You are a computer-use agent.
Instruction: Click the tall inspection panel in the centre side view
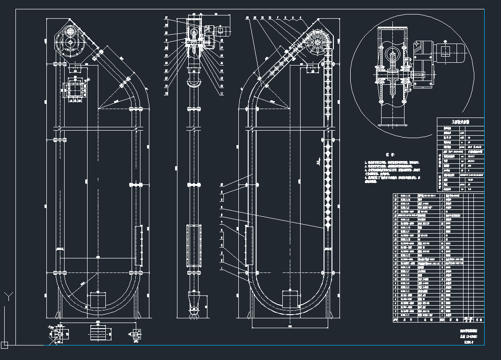[x=192, y=245]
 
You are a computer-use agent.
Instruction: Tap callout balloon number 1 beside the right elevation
[x=221, y=269]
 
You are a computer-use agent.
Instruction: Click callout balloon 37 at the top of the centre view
[x=166, y=18]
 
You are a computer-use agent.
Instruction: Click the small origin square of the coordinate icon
[x=5, y=345]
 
